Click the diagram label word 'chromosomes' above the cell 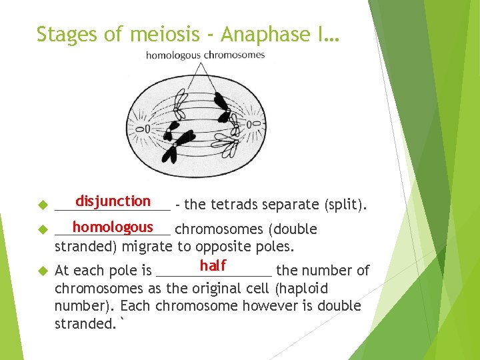point(234,55)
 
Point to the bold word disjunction point(113,201)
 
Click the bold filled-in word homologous point(113,227)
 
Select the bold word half point(213,266)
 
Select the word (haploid point(303,289)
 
